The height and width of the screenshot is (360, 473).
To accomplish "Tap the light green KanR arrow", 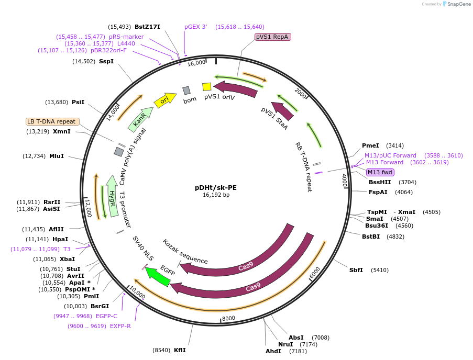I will coord(140,120).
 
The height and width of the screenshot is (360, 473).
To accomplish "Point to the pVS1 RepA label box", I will coord(272,37).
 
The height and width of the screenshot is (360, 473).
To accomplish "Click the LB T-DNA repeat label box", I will coord(52,121).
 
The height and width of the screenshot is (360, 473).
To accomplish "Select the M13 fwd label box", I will coord(380,172).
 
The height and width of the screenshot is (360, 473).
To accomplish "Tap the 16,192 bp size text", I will coord(216,195).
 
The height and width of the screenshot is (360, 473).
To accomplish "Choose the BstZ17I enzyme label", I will coord(147,27).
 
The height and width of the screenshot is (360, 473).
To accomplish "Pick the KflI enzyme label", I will coord(180,350).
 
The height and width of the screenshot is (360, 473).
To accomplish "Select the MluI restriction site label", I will coord(57,156).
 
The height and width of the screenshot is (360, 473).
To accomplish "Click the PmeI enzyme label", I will coord(371,145).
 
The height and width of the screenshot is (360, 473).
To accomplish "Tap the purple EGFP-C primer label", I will coord(107,316).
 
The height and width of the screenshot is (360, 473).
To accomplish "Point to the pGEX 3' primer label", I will coord(196,27).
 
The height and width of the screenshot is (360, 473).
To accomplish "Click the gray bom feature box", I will coord(186,91).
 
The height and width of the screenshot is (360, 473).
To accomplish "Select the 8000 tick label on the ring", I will coord(228,318).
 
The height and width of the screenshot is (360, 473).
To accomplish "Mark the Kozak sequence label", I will coord(185,252).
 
